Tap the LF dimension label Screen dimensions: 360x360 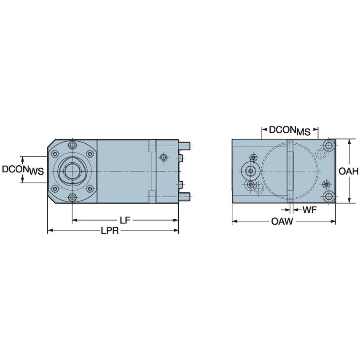[124, 220]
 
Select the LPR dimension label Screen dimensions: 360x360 [110, 231]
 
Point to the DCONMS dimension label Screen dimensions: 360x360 [290, 131]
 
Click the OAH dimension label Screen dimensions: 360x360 [349, 171]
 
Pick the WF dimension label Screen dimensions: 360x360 [309, 210]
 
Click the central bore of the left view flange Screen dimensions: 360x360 [73, 172]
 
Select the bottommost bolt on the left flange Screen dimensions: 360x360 [73, 198]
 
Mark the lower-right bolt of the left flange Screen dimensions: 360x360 [90, 189]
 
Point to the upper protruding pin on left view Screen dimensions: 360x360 [185, 146]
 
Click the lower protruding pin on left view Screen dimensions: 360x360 [185, 196]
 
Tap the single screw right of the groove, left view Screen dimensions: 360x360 [164, 157]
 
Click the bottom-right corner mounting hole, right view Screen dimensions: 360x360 [328, 196]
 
